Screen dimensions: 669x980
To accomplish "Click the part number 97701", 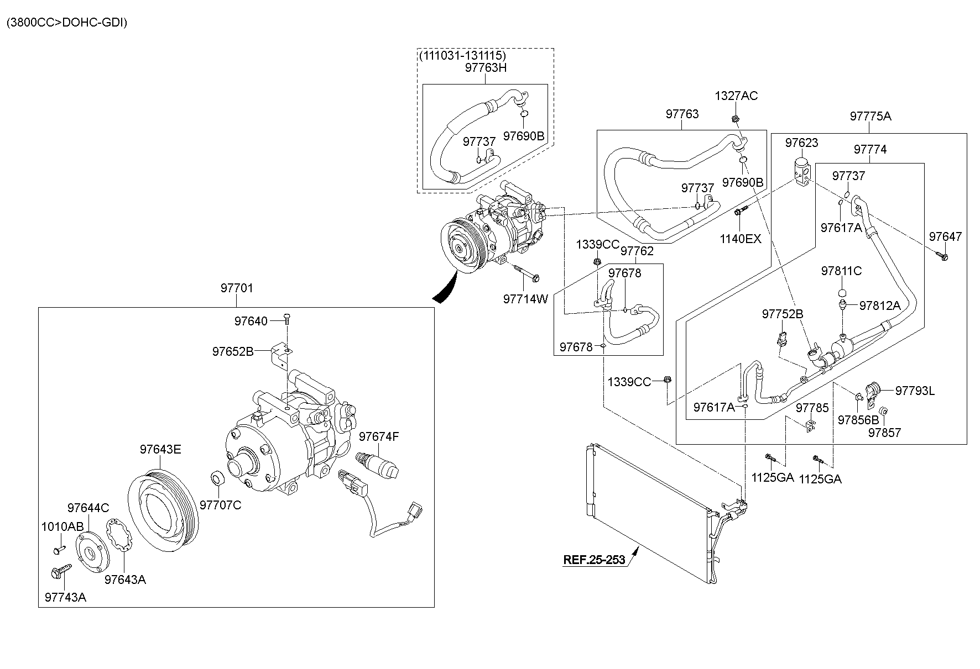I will coord(237,288).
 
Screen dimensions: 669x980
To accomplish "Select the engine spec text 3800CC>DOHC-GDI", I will coord(66,23).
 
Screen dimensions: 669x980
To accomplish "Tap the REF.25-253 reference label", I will coord(594,560).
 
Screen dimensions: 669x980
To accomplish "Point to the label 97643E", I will coord(160,449).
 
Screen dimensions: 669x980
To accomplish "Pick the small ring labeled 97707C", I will coord(218,478).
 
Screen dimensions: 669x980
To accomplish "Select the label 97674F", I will coord(379,437).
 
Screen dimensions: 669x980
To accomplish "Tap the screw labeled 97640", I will coord(287,318).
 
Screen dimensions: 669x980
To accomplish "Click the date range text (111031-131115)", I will coord(462,56).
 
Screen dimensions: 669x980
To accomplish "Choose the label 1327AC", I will coord(736,96).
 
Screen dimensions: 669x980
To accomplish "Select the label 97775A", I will coord(870,116).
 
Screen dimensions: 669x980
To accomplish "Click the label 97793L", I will coord(915,391).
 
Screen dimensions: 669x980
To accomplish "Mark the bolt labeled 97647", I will coord(942,256).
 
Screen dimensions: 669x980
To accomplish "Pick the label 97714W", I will coord(525,299).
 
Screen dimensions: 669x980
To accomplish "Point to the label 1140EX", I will coord(740,239).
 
